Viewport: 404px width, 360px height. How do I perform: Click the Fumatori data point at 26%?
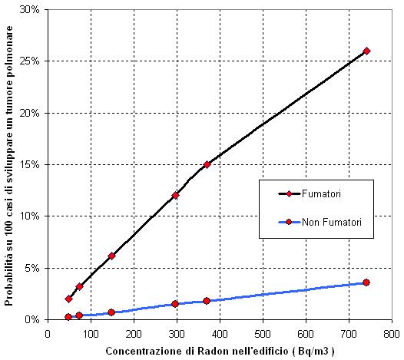(x=366, y=51)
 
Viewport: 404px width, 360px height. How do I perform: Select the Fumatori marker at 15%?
(x=207, y=164)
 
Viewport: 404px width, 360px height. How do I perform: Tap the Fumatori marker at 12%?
(x=175, y=195)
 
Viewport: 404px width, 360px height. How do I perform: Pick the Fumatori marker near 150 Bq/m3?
(x=111, y=256)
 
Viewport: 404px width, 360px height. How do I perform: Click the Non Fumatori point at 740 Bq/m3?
(x=366, y=282)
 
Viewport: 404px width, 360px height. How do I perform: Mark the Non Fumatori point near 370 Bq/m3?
(x=207, y=301)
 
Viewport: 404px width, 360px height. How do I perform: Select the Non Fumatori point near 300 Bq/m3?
(x=175, y=304)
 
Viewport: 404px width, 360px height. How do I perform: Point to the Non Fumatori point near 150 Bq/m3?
(x=111, y=312)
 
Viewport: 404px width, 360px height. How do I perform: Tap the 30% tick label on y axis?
(x=29, y=9)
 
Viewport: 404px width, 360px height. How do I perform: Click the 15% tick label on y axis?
(x=29, y=164)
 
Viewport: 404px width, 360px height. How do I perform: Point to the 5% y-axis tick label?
(x=31, y=268)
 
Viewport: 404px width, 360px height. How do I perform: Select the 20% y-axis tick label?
(x=29, y=113)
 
